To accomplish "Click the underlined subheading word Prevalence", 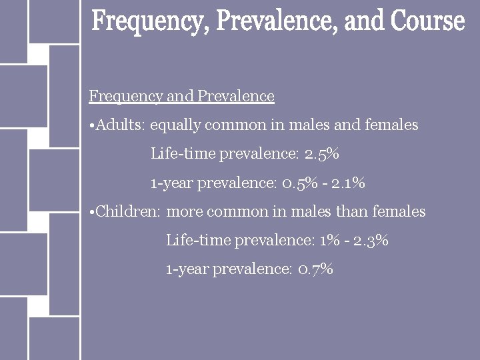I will click(236, 97).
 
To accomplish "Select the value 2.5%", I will click(322, 154).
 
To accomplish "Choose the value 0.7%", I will click(316, 269).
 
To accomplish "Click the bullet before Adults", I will click(91, 125).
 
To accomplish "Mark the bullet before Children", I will click(91, 212).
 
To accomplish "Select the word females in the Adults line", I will click(392, 125).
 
